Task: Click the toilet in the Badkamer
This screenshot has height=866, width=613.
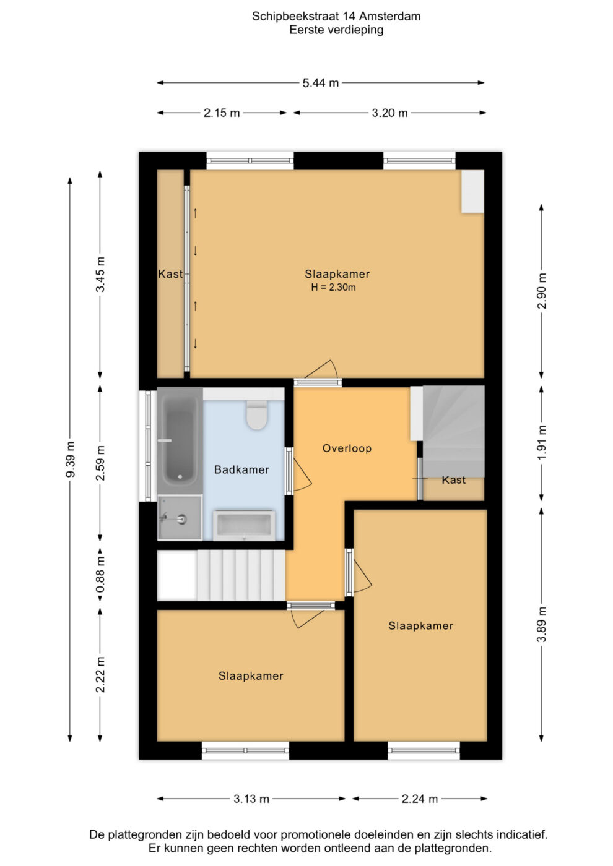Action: pos(257,415)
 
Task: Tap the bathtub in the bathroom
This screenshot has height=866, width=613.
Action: pos(180,440)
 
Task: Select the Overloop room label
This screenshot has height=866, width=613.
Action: pos(347,448)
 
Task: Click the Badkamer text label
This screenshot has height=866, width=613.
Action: pos(241,469)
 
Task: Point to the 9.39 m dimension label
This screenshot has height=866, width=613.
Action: pos(70,459)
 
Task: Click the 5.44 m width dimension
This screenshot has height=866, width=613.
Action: pos(321,83)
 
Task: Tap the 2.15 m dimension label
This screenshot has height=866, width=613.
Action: pos(222,113)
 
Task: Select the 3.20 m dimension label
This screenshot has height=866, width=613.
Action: pos(389,113)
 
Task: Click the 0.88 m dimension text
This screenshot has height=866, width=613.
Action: pos(100,574)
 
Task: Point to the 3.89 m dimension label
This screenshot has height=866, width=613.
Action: pos(541,624)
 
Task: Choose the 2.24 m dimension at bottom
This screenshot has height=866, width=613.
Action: pos(420,799)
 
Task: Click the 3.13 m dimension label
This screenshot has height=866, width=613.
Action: pos(251,799)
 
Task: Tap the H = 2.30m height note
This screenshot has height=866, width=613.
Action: pos(333,287)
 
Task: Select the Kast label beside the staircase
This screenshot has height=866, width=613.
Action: pos(453,480)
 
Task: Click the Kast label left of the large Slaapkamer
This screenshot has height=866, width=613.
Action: pos(170,274)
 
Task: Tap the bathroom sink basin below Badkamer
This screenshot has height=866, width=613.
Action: pos(244,525)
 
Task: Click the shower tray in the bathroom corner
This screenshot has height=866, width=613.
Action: pos(180,518)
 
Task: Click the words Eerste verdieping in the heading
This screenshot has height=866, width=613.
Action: pos(336,30)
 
